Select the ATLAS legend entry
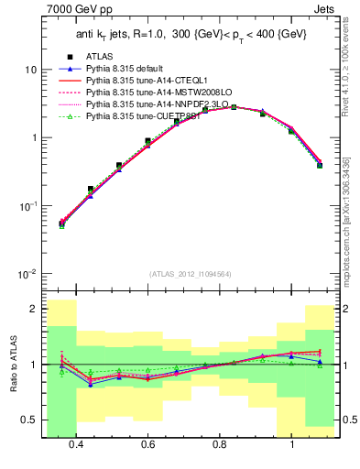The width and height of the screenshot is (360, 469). coord(100,57)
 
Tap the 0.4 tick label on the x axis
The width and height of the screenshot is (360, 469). coord(76,445)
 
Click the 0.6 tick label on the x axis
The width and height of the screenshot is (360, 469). coord(148,445)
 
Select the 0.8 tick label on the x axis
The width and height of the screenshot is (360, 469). coord(220,445)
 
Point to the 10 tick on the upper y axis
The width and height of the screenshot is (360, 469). coord(31,70)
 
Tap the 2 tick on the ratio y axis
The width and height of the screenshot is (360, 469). coord(34,309)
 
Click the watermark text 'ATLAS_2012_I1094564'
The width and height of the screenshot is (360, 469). coord(190,273)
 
